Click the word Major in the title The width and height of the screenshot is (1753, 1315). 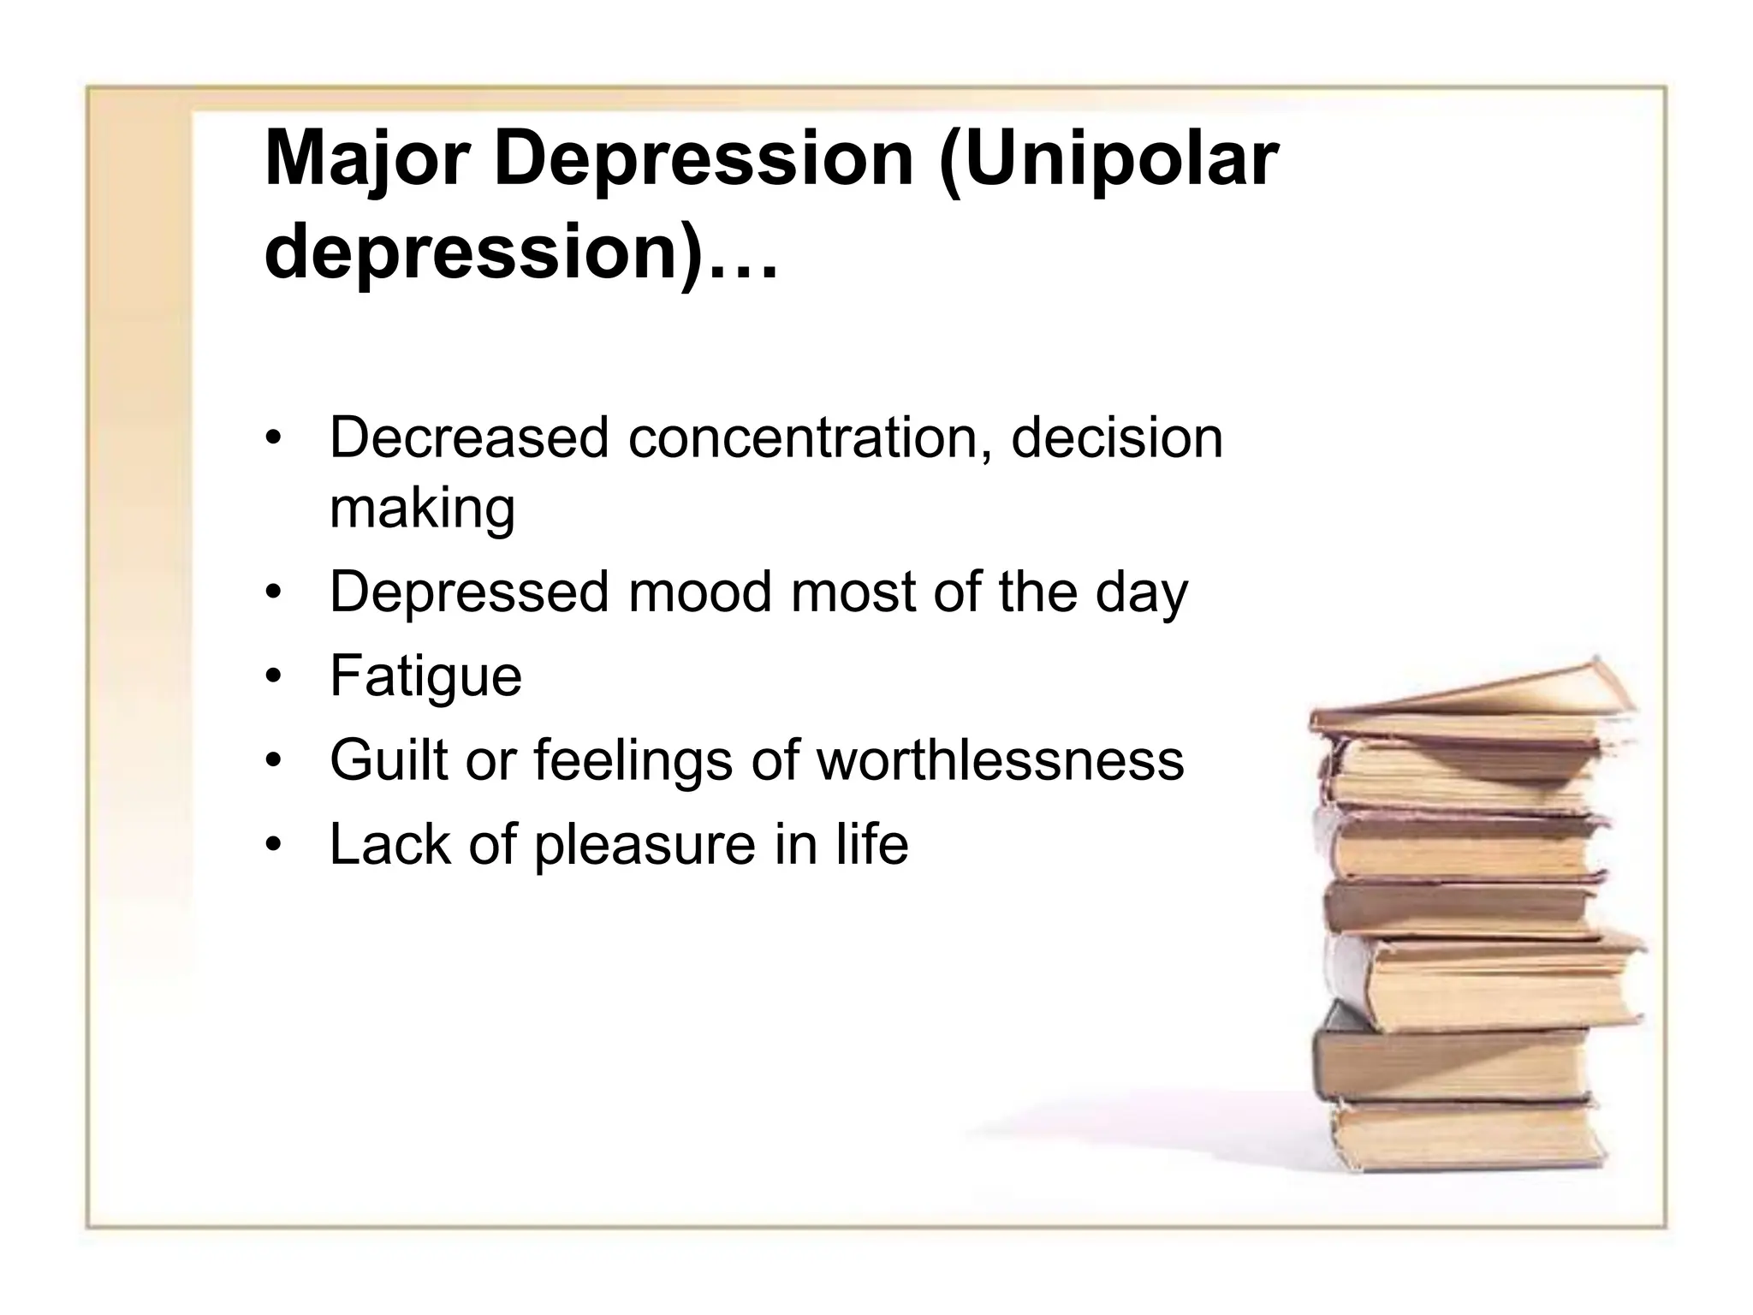[x=367, y=159]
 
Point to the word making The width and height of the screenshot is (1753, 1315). [x=422, y=509]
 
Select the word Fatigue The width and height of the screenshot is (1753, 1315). [x=425, y=676]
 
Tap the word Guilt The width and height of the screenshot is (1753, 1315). [x=388, y=759]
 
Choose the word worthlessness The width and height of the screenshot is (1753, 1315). [x=1000, y=759]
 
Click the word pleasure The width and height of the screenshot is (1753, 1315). [x=645, y=843]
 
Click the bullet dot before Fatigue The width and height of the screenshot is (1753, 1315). [x=273, y=678]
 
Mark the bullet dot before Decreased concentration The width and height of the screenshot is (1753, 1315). [x=273, y=440]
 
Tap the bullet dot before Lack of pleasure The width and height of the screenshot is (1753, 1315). [x=273, y=846]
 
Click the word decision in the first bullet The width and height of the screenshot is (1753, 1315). [x=1116, y=437]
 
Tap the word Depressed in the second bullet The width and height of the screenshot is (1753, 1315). [x=469, y=592]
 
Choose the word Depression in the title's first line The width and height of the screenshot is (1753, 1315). [x=704, y=159]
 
